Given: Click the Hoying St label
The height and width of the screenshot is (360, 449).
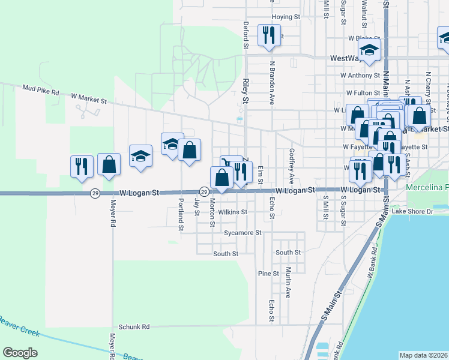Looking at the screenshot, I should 285,17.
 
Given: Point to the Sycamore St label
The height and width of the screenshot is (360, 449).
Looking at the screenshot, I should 243,232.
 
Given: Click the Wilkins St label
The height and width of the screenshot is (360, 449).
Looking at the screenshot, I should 233,212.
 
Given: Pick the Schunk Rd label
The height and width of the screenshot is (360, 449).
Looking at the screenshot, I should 133,327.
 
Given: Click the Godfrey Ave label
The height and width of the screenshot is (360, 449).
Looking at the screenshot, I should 291,166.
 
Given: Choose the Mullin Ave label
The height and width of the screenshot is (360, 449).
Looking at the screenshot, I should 288,283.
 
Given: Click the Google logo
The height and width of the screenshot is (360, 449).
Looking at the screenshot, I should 20,353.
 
